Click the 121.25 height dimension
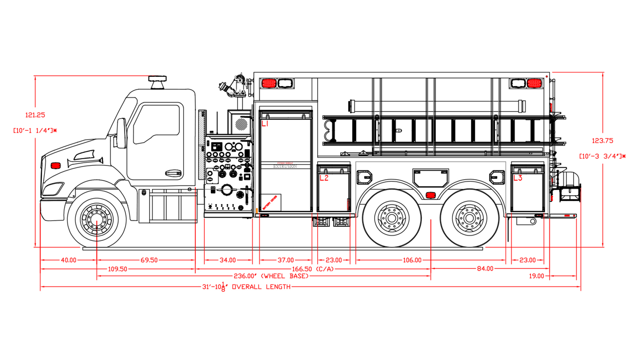pyautogui.click(x=35, y=115)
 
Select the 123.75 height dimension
pyautogui.click(x=602, y=141)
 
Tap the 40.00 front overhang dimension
pyautogui.click(x=68, y=260)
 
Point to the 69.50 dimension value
pyautogui.click(x=149, y=260)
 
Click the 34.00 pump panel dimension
pyautogui.click(x=228, y=260)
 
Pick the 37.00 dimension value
pyautogui.click(x=286, y=260)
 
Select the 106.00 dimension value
pyautogui.click(x=412, y=260)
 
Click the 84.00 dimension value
pyautogui.click(x=485, y=269)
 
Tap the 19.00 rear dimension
pyautogui.click(x=536, y=276)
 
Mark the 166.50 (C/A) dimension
pyautogui.click(x=318, y=269)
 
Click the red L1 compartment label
pyautogui.click(x=265, y=124)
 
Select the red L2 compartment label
pyautogui.click(x=324, y=178)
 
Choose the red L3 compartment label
pyautogui.click(x=518, y=178)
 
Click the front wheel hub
pyautogui.click(x=96, y=220)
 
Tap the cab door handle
pyautogui.click(x=173, y=173)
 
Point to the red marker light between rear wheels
pyautogui.click(x=430, y=195)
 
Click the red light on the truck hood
pyautogui.click(x=56, y=166)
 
